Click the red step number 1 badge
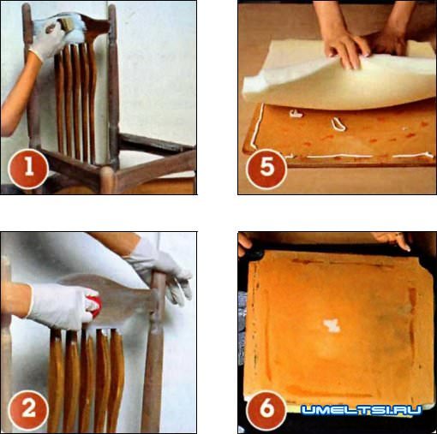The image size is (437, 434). pos(28,169)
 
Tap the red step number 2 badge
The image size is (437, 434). pos(28,410)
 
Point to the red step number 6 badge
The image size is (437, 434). pos(266,410)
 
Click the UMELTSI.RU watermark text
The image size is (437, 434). pos(362,410)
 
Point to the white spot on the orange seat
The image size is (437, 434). pos(332,326)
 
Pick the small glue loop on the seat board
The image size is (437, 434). pos(338,125)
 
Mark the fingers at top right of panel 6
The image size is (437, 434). pos(392,240)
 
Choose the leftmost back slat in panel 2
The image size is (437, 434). pos(56,379)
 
